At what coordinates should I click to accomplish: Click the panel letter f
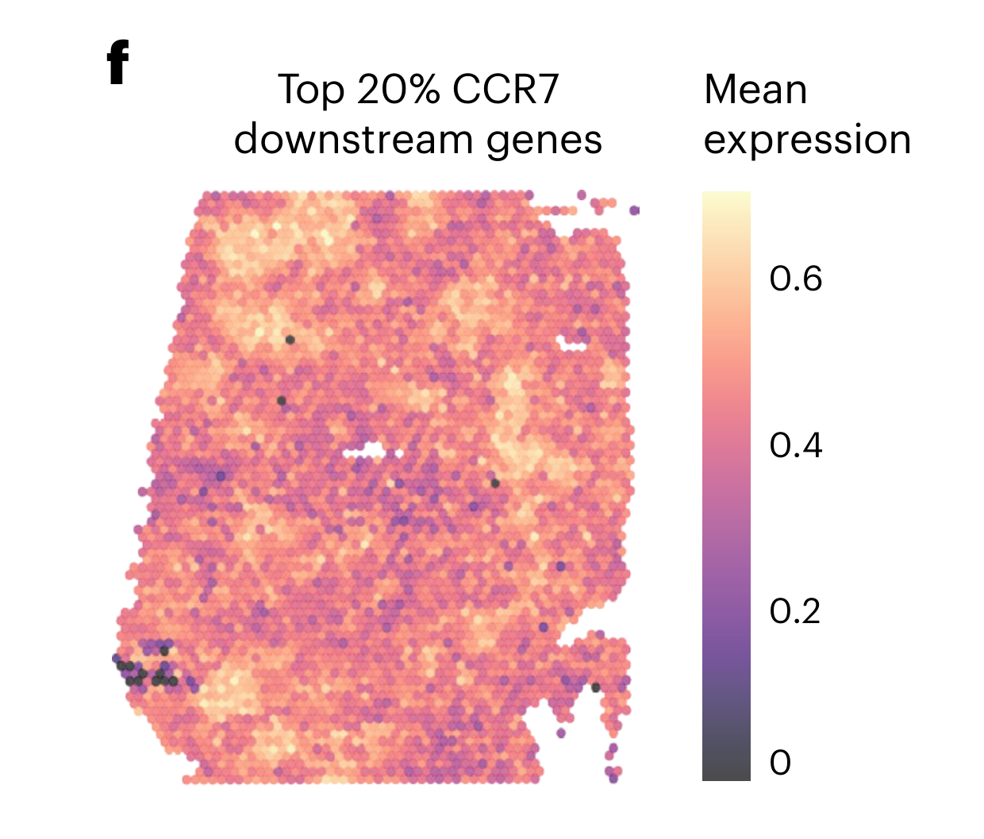pos(117,64)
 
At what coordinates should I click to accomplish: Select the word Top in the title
pos(310,90)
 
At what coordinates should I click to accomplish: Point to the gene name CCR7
pos(505,90)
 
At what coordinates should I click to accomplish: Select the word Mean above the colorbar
pos(755,90)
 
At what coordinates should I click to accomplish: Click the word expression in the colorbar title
pos(807,141)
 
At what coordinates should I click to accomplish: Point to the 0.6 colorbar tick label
pos(795,279)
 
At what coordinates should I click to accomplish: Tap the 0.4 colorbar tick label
pos(795,445)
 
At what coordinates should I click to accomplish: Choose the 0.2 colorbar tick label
pos(795,611)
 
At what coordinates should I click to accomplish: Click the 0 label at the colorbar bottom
pos(780,763)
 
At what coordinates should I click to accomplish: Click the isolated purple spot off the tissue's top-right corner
pos(634,210)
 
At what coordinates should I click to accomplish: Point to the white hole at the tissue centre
pos(364,452)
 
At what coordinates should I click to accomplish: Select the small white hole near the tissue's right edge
pos(571,344)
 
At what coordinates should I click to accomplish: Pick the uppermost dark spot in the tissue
pos(290,340)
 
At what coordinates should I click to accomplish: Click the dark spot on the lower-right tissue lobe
pos(596,687)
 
